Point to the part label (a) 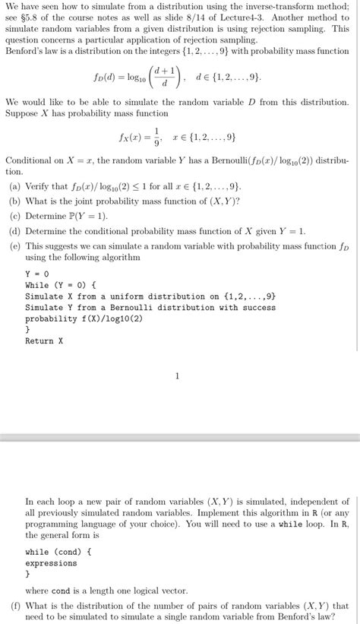[14, 185]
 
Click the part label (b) [14, 200]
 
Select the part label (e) [14, 245]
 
